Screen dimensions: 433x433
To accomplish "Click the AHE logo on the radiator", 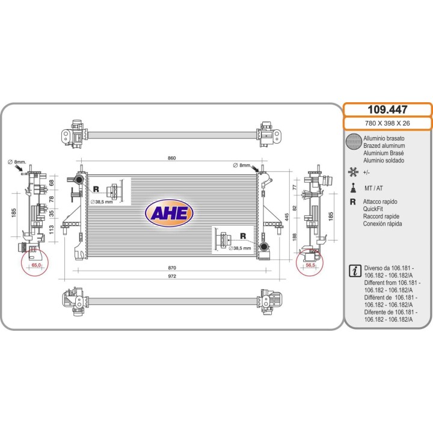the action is point(169,213).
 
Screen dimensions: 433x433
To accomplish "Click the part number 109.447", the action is point(387,109).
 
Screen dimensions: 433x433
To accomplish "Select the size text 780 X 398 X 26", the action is point(387,123).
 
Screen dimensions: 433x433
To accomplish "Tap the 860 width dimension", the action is point(171,158).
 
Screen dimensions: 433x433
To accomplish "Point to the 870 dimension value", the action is point(172,268).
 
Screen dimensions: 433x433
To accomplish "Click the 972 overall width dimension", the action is point(172,276).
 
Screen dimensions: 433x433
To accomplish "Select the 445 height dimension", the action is point(287,216).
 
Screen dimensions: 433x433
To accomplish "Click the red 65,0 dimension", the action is point(36,265).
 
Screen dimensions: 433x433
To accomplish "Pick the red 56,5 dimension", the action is point(310,265).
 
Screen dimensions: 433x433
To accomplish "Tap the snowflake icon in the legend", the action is point(353,172).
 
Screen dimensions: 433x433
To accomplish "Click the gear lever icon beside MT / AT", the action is point(353,188).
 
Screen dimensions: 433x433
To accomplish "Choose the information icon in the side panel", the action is point(355,271).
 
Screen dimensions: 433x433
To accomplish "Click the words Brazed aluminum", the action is point(384,146).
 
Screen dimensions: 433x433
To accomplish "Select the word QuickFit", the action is point(373,209).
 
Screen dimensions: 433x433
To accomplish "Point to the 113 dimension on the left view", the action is point(51,230).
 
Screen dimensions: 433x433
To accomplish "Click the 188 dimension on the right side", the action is point(294,237).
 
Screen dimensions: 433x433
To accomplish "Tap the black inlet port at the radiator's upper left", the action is point(79,180).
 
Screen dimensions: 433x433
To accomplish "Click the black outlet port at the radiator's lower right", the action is point(264,247).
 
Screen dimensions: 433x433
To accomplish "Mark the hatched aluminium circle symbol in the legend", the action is point(354,141).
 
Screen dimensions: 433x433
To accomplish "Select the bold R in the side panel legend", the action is point(352,202).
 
